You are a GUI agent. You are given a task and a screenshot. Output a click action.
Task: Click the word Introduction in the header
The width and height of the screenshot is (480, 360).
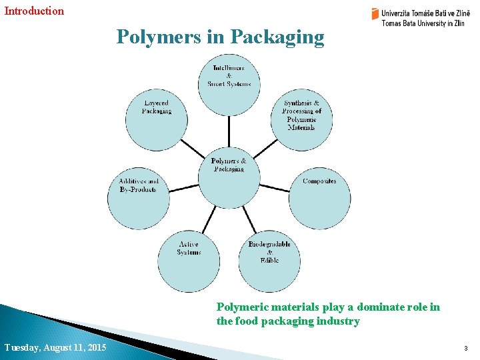pos(35,11)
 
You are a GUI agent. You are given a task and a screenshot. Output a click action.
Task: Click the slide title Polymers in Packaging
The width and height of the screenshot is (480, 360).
pos(220,37)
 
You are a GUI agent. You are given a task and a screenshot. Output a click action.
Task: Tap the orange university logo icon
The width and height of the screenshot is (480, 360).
pos(375,13)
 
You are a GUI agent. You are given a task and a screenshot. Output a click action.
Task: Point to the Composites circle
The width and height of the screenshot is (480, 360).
pos(319,198)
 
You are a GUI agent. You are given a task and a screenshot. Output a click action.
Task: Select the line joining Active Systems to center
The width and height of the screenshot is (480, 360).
pos(209,220)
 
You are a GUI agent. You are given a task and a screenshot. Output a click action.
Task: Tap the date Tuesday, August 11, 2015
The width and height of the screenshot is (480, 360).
pos(55,347)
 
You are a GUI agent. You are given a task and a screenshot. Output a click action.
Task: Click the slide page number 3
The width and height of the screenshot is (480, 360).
pos(467,348)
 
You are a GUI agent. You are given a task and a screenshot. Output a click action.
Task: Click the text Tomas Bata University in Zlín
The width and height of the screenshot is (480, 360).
pos(423,23)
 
